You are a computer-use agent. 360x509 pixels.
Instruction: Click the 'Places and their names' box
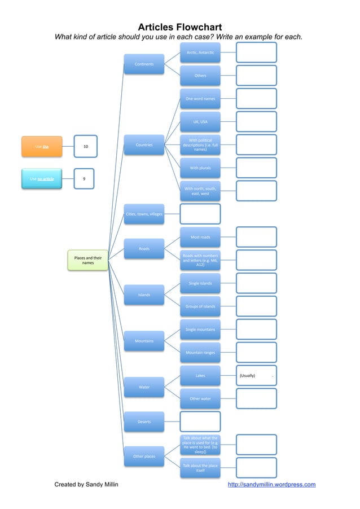[x=88, y=260]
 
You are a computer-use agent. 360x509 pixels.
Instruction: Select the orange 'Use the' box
[x=42, y=146]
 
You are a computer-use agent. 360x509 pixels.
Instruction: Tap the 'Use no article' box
[x=42, y=179]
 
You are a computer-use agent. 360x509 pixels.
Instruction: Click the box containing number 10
[x=85, y=146]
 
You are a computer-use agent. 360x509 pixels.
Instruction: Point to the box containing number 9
[x=84, y=179]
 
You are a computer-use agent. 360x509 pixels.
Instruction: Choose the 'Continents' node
[x=144, y=64]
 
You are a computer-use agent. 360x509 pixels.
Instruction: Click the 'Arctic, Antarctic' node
[x=200, y=52]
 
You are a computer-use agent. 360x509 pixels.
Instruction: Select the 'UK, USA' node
[x=200, y=121]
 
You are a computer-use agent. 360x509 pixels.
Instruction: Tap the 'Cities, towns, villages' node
[x=144, y=214]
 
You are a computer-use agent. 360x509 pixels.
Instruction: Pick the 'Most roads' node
[x=200, y=237]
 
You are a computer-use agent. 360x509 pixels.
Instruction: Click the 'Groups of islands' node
[x=200, y=306]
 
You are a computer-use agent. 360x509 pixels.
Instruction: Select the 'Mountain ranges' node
[x=200, y=352]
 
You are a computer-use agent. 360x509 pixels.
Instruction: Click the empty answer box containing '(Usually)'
[x=256, y=375]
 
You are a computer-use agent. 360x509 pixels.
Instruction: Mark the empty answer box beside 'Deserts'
[x=200, y=422]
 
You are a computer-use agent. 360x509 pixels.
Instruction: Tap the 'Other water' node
[x=200, y=398]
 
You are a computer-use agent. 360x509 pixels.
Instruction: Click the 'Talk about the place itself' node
[x=200, y=468]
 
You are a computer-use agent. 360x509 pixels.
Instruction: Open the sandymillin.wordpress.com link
[x=271, y=484]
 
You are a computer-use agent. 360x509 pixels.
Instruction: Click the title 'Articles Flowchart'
[x=179, y=27]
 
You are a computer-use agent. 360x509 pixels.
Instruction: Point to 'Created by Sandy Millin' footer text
[x=86, y=484]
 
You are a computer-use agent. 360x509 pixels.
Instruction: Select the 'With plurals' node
[x=200, y=168]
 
